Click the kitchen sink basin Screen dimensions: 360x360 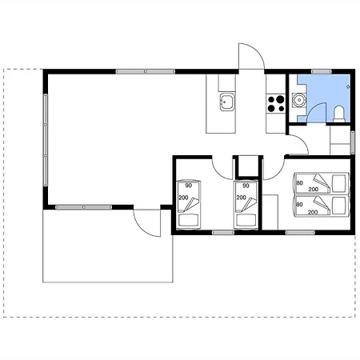(x=227, y=102)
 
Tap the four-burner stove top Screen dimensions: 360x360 (x=276, y=104)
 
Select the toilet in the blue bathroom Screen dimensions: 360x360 (x=339, y=114)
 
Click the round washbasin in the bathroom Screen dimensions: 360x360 (x=299, y=100)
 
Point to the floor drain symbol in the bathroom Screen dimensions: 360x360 (x=348, y=86)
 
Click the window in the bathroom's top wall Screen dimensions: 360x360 (x=322, y=71)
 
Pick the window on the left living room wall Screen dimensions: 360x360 (x=46, y=140)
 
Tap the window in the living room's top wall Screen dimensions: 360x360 (x=146, y=71)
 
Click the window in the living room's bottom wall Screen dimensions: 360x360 (x=84, y=207)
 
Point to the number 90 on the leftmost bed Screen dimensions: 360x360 (x=189, y=186)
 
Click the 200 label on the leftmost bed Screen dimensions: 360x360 (x=183, y=198)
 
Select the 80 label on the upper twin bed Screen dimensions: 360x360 (x=299, y=183)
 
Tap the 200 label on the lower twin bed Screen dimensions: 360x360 (x=313, y=213)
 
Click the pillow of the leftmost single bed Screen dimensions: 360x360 (x=189, y=221)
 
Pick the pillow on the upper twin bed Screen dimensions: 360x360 (x=339, y=183)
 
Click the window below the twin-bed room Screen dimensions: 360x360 (x=300, y=233)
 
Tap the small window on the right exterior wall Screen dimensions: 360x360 (x=353, y=142)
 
